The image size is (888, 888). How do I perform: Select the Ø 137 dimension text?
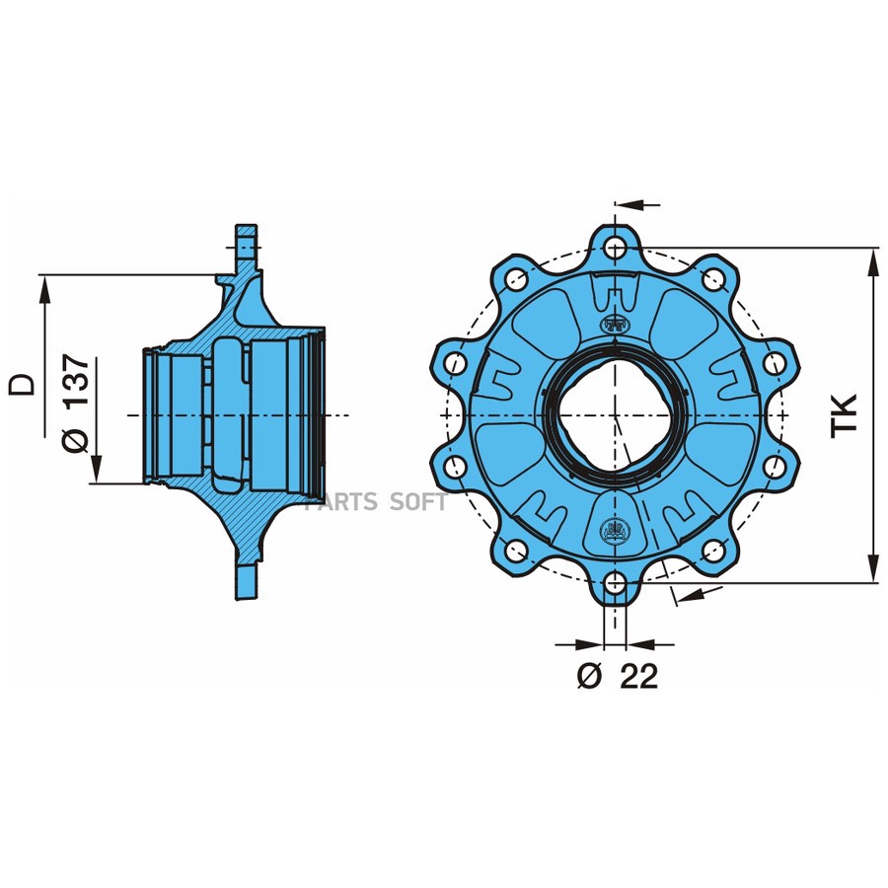pyautogui.click(x=77, y=404)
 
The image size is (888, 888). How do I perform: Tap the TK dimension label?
pyautogui.click(x=845, y=415)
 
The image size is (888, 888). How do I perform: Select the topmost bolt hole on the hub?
pyautogui.click(x=616, y=247)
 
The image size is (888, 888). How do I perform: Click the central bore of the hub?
pyautogui.click(x=616, y=414)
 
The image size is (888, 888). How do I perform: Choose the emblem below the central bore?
pyautogui.click(x=616, y=531)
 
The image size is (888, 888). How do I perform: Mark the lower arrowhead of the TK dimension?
pyautogui.click(x=873, y=570)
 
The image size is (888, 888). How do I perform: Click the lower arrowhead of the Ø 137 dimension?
pyautogui.click(x=95, y=472)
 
